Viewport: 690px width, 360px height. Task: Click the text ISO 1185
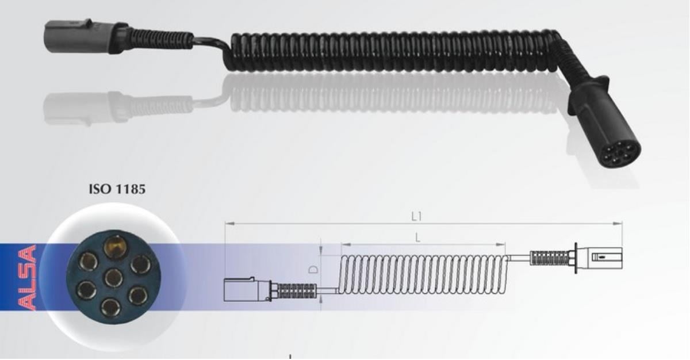[x=117, y=189]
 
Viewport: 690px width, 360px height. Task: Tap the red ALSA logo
[x=26, y=278]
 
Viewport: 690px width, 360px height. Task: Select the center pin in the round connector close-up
[x=113, y=277]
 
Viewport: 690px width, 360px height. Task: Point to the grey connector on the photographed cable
[x=68, y=37]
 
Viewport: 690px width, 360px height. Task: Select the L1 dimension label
[x=417, y=216]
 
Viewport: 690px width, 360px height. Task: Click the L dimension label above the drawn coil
[x=418, y=237]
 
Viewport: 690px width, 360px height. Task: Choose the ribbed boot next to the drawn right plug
[x=549, y=258]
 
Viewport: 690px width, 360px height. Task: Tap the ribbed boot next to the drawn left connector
[x=296, y=290]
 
